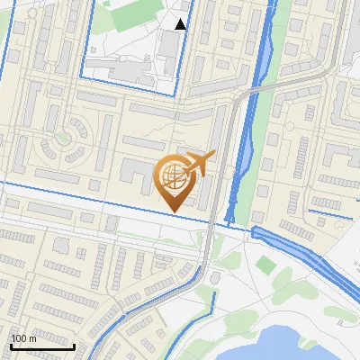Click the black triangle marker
click(x=181, y=24)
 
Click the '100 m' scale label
click(x=23, y=338)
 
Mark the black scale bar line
click(x=42, y=346)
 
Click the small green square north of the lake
click(x=264, y=265)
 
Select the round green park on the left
click(x=61, y=139)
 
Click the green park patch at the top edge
click(x=135, y=11)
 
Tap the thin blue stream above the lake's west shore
click(x=213, y=301)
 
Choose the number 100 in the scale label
click(x=19, y=338)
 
